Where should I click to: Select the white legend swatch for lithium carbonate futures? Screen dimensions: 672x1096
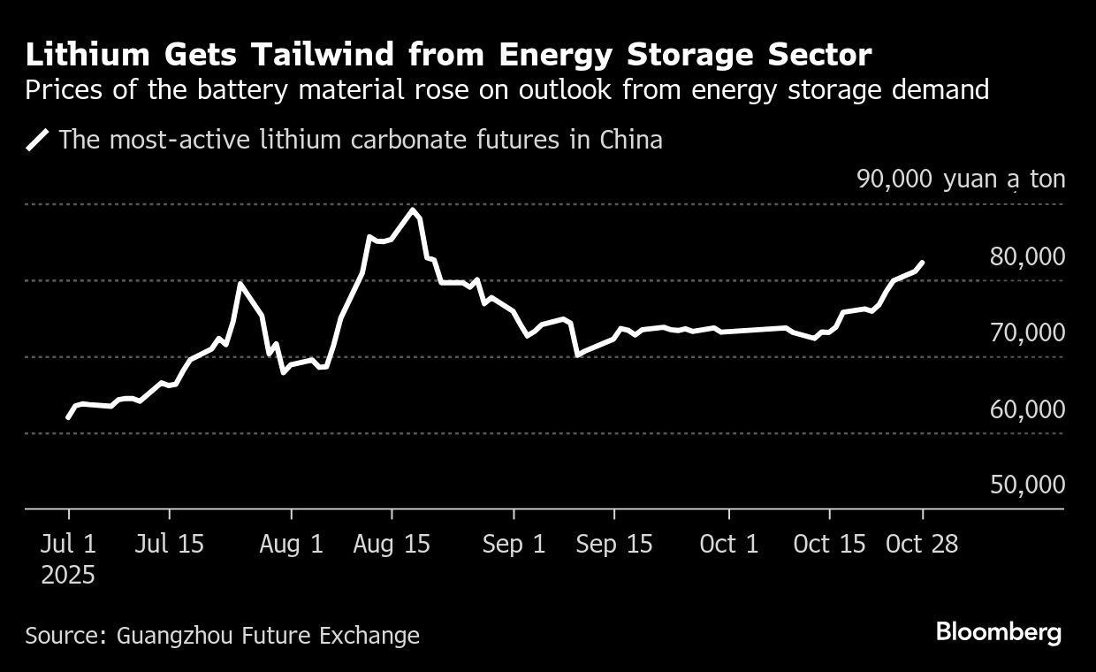[x=39, y=140]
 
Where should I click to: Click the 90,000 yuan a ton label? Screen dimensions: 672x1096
[x=961, y=179]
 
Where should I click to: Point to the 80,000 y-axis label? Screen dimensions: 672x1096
[x=1028, y=256]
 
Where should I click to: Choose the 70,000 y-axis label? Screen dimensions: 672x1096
[x=1028, y=333]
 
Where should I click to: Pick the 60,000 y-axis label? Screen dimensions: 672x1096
[x=1028, y=409]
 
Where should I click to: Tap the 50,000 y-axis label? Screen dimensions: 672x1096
[x=1028, y=485]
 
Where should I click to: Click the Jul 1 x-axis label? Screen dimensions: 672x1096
[x=69, y=544]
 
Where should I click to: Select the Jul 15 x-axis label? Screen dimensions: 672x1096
[x=169, y=544]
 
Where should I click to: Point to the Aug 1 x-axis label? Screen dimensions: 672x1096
[x=292, y=544]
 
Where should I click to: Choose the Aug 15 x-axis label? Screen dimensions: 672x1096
[x=392, y=544]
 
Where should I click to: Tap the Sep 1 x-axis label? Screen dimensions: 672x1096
[x=514, y=544]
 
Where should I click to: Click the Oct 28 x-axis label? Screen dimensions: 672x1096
[x=923, y=544]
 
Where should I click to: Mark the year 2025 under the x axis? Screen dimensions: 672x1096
[x=69, y=576]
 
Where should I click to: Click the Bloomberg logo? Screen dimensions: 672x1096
[x=998, y=632]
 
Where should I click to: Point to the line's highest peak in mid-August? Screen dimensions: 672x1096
[x=412, y=210]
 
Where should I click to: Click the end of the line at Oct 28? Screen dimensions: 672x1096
[x=923, y=263]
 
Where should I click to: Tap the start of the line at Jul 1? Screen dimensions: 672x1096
[x=68, y=417]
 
